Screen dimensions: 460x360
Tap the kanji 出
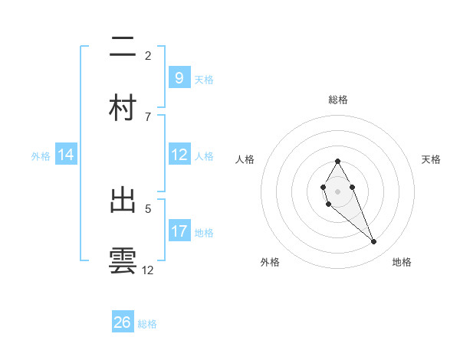(123, 201)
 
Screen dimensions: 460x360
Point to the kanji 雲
(123, 260)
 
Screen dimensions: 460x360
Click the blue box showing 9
(179, 77)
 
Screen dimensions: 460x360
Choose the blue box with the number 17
(179, 231)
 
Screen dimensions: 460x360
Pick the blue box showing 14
(66, 155)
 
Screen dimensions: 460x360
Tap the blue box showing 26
(123, 322)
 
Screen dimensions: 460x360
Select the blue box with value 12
(179, 155)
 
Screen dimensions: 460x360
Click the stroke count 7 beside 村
(148, 116)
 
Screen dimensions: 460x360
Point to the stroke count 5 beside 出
(148, 208)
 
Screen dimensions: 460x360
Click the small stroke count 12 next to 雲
(148, 270)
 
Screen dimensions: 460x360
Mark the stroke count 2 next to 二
(148, 55)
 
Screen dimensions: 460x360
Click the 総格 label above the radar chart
(338, 100)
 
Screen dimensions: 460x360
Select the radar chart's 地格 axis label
(402, 262)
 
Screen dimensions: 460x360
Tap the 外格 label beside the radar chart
(270, 262)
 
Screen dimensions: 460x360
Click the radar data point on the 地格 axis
(374, 242)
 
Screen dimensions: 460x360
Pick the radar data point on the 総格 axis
(337, 161)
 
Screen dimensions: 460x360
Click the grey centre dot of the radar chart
(337, 191)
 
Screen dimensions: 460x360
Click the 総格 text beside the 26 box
(147, 324)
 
